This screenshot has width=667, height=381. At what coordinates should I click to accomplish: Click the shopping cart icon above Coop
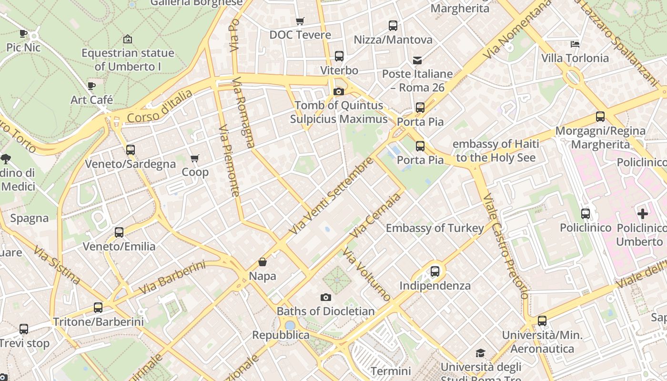pos(194,158)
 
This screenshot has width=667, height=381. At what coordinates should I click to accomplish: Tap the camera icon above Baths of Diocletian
pos(326,297)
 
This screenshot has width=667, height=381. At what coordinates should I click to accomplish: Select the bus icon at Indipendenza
pos(435,271)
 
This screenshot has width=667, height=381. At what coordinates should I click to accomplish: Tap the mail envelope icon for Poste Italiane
pos(417,60)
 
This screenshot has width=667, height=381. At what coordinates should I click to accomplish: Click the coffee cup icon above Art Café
pos(91,86)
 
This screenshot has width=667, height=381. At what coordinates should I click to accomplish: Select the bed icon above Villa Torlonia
pos(575,44)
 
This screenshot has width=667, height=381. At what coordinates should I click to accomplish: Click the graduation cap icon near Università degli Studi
pos(480,353)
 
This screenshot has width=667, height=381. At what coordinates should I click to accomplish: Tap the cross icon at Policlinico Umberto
pos(642,214)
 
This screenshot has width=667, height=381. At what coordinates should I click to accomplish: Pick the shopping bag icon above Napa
pos(263,262)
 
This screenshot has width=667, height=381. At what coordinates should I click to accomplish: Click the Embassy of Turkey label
pos(435,228)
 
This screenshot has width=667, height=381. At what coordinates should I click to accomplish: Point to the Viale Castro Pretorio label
pos(505,245)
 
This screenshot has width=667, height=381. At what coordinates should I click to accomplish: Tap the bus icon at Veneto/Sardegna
pos(131,150)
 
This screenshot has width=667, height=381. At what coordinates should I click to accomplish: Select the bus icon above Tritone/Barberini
pos(98,308)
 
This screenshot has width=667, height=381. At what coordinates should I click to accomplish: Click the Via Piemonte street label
pos(229,161)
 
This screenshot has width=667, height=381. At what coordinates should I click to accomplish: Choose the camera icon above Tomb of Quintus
pos(339,91)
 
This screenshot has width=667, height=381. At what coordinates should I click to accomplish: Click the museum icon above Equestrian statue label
pos(127,39)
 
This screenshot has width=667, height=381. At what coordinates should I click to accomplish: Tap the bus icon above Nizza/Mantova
pos(393,26)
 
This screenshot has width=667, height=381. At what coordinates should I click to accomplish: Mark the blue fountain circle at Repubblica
pos(290,325)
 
